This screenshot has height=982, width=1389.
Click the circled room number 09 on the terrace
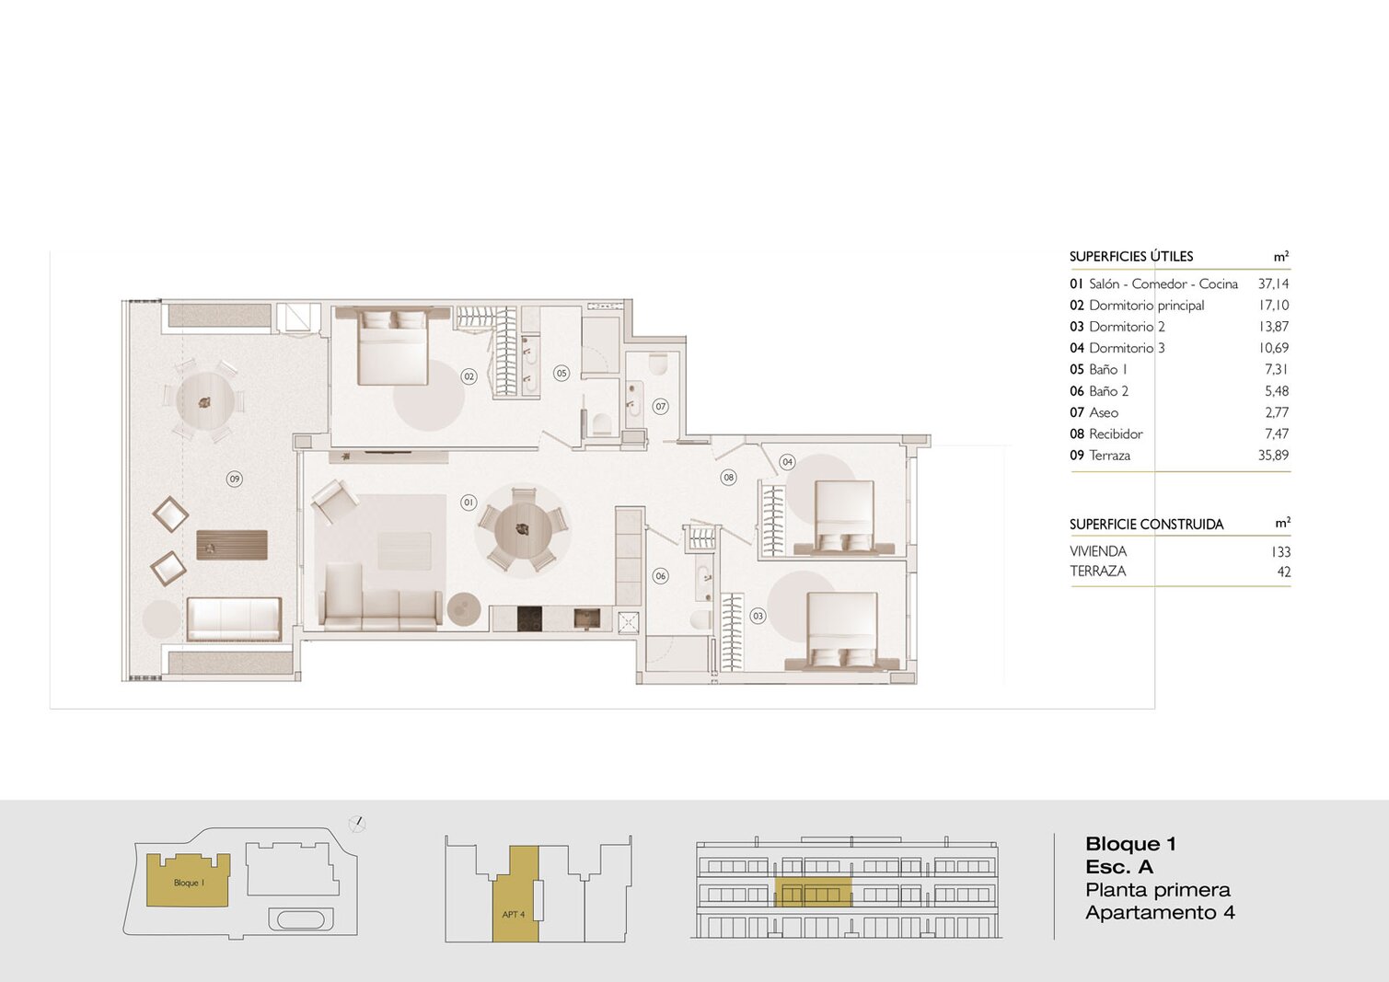point(234,479)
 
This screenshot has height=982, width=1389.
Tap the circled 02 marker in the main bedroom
point(469,376)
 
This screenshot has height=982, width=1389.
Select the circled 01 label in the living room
point(469,503)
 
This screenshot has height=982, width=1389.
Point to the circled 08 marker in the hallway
point(729,478)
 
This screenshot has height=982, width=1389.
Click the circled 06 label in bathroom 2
point(660,576)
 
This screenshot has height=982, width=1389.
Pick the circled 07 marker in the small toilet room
point(660,407)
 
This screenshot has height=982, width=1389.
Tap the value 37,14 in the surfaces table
point(1274,284)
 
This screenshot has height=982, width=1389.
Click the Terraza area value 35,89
point(1274,455)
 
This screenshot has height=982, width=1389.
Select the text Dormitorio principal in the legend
point(1147,305)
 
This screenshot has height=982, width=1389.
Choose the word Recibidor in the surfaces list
point(1116,434)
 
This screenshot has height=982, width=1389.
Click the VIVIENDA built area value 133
point(1280,552)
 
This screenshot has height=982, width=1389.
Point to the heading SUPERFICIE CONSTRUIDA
point(1147,525)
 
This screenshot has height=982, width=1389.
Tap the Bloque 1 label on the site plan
point(189,883)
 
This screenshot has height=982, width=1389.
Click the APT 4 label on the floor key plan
point(514,915)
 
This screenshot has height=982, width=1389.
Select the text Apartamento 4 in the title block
point(1160,913)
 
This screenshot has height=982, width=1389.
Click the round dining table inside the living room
point(523,530)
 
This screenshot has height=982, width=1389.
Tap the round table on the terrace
point(205,402)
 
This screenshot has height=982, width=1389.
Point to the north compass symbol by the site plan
point(357,824)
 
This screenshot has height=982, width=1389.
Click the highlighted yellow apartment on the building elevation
point(814,893)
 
